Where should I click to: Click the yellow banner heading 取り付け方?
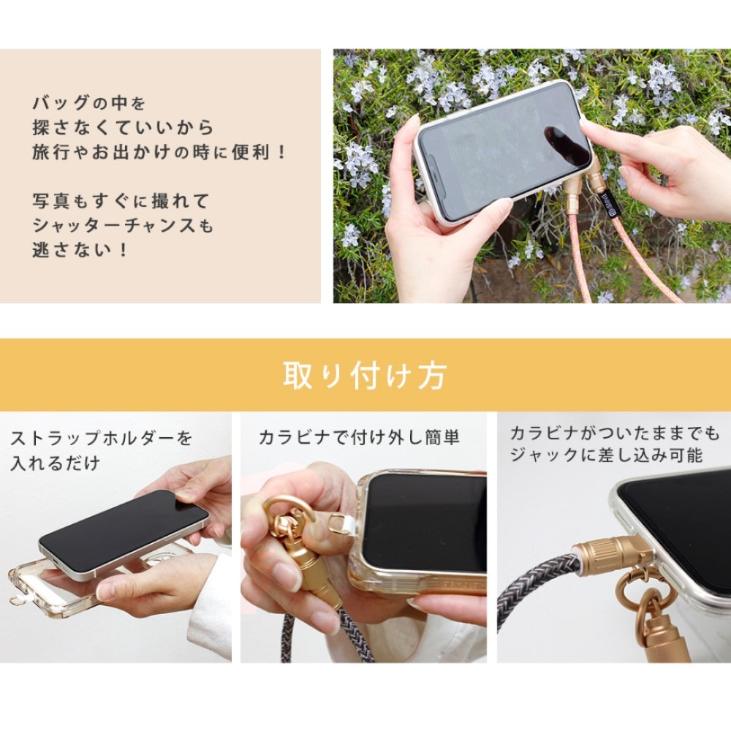click(365, 376)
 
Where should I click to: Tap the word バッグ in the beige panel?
click(61, 102)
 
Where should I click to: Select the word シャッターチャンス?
click(114, 226)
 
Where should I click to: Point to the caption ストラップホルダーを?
click(102, 438)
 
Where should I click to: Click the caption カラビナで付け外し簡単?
click(359, 437)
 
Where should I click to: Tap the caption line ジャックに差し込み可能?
click(606, 455)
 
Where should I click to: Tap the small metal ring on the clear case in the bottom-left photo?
click(17, 600)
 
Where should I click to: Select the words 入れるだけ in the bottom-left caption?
click(55, 463)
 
